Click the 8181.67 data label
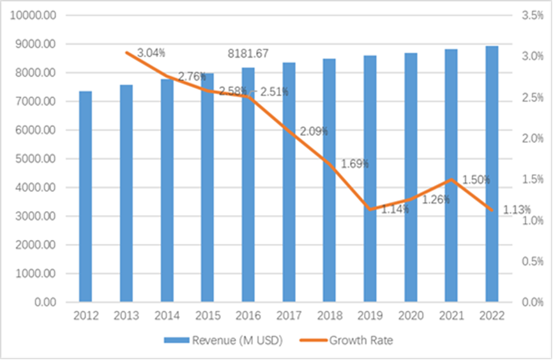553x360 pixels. pos(250,54)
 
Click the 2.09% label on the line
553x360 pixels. pos(314,131)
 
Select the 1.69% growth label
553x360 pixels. pos(354,163)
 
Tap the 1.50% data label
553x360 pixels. pos(476,180)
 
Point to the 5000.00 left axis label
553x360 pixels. pos(35,159)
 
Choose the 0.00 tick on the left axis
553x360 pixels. pos(44,302)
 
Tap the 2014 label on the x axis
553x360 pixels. pos(167,316)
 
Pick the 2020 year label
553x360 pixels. pos(411,316)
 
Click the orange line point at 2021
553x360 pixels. pos(451,179)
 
